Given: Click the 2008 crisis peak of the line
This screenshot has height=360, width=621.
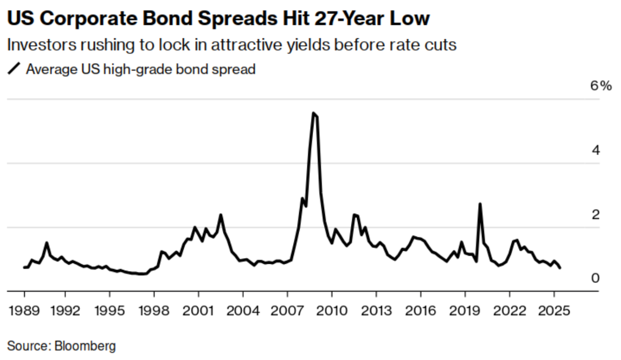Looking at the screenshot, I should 313,113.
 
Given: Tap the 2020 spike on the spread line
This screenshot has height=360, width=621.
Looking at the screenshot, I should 480,204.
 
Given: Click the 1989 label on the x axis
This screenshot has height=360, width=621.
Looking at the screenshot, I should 24,312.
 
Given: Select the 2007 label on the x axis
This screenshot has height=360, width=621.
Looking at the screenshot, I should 287,312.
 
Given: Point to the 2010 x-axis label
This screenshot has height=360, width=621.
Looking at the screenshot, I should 332,312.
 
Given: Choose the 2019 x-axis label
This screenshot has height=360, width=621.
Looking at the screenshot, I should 465,312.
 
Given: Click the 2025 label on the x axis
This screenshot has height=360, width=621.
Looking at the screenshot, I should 554,312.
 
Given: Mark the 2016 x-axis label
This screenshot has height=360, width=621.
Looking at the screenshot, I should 420,312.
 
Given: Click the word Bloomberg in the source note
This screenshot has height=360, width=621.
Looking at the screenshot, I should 87,345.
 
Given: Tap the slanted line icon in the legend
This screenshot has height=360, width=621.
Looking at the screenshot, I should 16,69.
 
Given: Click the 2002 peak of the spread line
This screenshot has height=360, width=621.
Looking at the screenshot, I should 220,215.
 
